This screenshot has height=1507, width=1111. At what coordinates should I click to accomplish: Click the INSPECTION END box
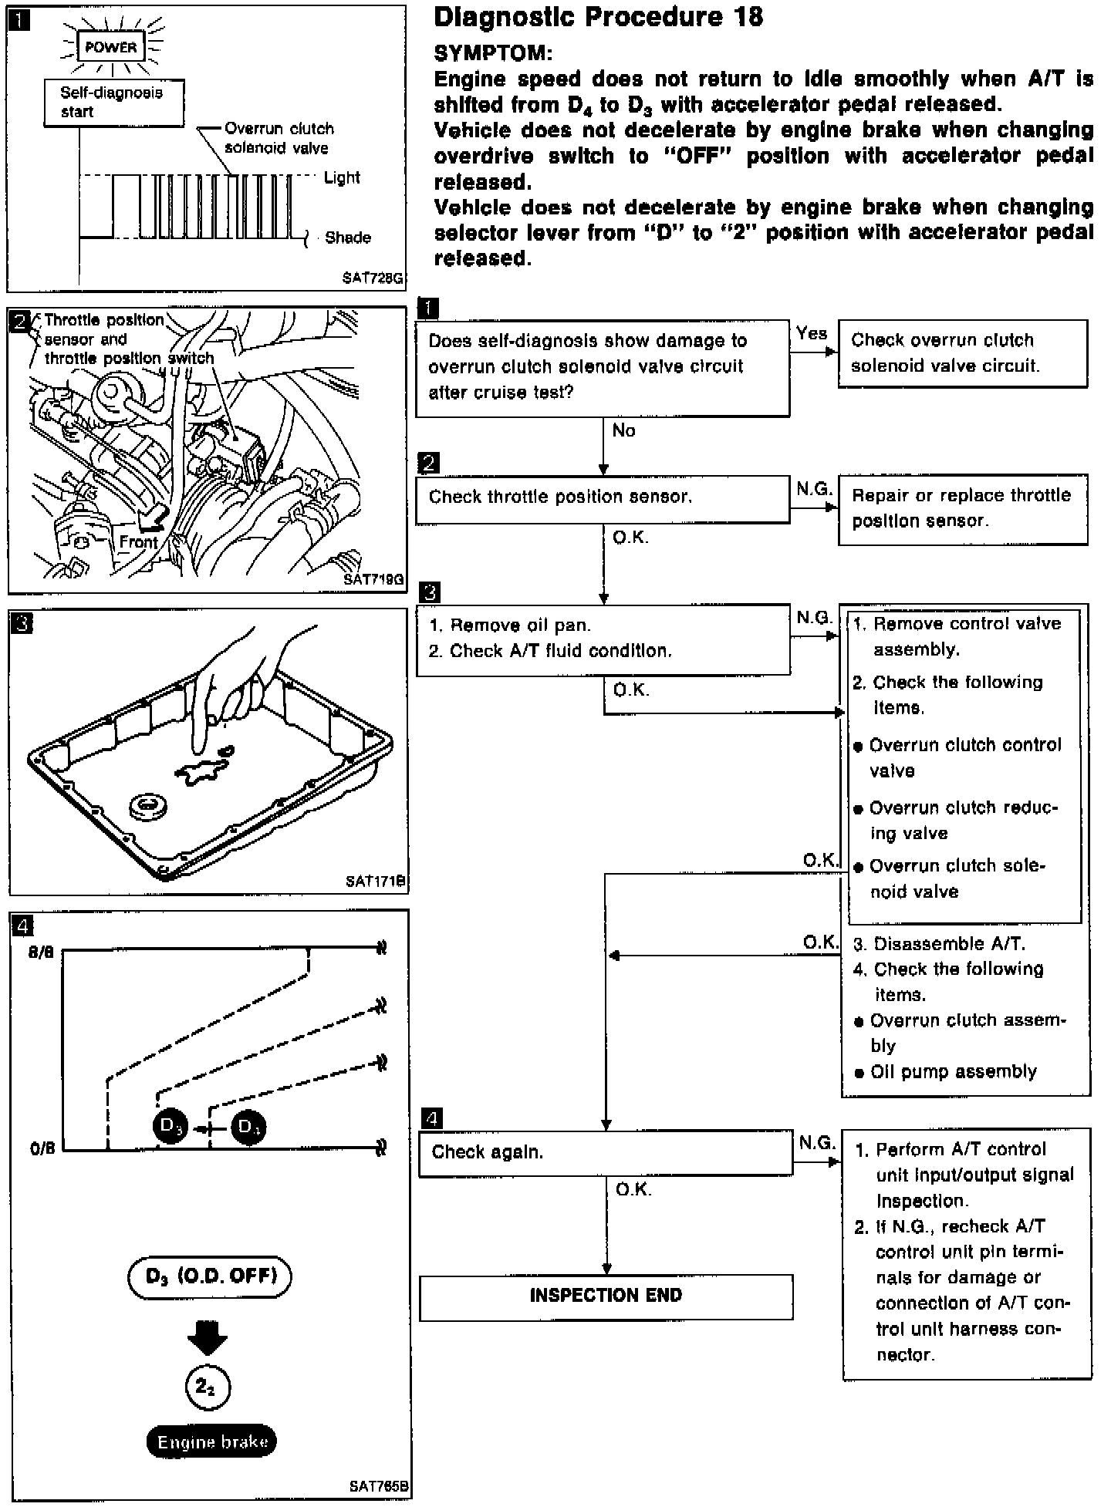606,1296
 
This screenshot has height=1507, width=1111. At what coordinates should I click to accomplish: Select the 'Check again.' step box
606,1153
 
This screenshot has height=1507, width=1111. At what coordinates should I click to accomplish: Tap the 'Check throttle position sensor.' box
603,497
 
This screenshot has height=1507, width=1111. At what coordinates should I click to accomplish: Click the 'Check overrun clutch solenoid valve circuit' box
962,353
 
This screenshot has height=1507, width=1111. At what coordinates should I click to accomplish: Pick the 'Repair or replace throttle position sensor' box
962,509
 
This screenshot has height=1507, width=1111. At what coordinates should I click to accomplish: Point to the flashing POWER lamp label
110,47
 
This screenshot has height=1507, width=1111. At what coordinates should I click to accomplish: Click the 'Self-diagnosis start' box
113,102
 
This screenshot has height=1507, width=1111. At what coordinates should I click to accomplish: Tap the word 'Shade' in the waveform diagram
347,238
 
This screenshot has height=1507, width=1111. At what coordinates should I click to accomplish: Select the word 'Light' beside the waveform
342,178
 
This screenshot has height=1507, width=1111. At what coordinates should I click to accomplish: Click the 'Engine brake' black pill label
212,1441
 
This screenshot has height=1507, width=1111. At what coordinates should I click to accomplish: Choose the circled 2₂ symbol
208,1387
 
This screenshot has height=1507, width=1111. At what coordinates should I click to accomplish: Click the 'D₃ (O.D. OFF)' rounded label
210,1276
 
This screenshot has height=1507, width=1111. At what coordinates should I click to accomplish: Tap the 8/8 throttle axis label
42,952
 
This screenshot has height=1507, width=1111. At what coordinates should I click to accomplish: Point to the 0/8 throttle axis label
42,1149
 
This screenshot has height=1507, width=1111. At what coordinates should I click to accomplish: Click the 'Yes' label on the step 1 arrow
812,333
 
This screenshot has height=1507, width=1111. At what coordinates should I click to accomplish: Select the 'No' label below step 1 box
623,431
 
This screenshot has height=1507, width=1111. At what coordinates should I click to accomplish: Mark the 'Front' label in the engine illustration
138,542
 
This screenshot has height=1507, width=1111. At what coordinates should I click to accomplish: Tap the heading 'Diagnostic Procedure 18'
598,17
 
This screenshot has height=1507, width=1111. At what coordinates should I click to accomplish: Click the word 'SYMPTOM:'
493,53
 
